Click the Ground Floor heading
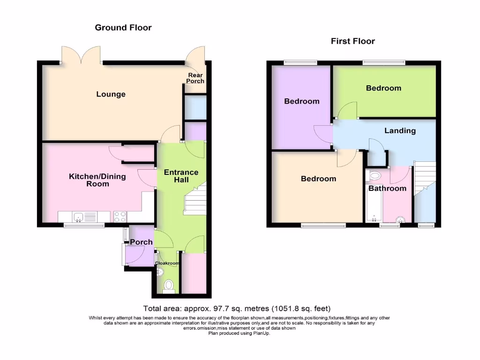tap(123, 28)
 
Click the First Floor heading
tap(352, 41)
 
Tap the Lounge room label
tap(111, 94)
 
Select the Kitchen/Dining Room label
tap(89, 180)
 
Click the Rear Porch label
tap(196, 78)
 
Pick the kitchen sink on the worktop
tap(79, 217)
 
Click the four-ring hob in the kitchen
tap(120, 217)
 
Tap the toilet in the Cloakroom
tap(169, 285)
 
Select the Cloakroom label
tap(168, 263)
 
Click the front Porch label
tap(141, 242)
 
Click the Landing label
tap(400, 131)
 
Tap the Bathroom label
tap(387, 188)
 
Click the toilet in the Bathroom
tap(375, 176)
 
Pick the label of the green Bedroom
tap(383, 88)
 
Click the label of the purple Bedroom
tap(301, 101)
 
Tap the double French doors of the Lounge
tap(81, 55)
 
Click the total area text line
tap(237, 308)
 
